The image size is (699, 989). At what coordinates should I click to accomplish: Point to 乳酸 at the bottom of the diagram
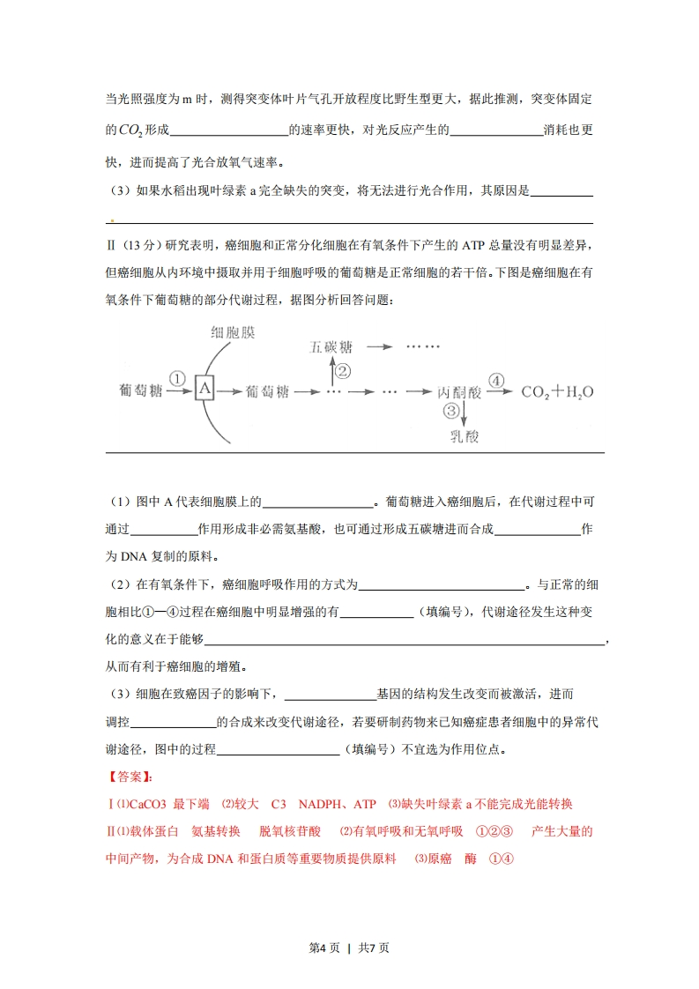[x=464, y=435]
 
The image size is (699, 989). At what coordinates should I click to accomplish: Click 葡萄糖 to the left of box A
[x=140, y=390]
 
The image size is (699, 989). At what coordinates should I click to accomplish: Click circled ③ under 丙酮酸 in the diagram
[x=451, y=412]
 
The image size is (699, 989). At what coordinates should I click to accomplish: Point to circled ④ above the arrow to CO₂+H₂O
[x=496, y=380]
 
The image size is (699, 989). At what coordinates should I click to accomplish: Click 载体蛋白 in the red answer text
[x=154, y=831]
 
